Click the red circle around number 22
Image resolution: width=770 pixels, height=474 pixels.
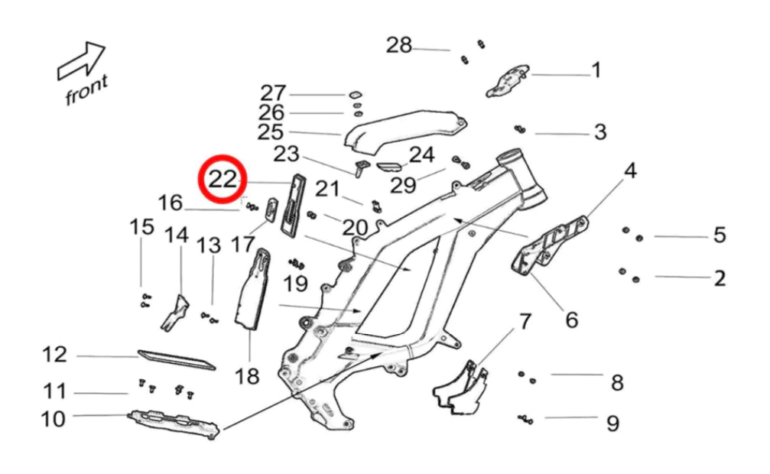[x=222, y=180]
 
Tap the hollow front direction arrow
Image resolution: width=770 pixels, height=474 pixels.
[x=82, y=61]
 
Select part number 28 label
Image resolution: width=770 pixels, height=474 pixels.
[x=398, y=45]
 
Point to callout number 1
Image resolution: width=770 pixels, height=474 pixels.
[x=596, y=71]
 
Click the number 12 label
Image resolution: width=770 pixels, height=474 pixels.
[x=54, y=355]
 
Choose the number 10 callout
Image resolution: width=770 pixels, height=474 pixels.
[x=54, y=419]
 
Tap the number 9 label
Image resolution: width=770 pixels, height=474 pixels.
[x=612, y=423]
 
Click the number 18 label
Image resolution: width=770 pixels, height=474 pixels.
[x=247, y=375]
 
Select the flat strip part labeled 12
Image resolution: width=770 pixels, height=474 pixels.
[x=176, y=359]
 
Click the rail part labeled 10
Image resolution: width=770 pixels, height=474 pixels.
[x=175, y=422]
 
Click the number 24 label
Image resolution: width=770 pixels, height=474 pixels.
[x=421, y=155]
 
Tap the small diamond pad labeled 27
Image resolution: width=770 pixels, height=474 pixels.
[x=356, y=95]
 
